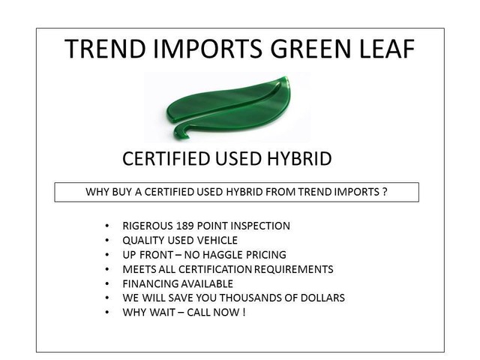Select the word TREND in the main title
pos(105,49)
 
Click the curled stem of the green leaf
pos(181,132)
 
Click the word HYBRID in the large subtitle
pos(299,158)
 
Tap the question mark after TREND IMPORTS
pos(385,192)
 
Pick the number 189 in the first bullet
pos(184,226)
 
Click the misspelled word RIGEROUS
pos(148,226)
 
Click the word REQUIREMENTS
pos(293,269)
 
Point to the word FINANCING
pos(147,283)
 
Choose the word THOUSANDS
pos(252,298)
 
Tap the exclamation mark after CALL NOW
pos(244,312)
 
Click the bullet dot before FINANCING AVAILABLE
pos(106,284)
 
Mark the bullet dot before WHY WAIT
pos(106,313)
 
